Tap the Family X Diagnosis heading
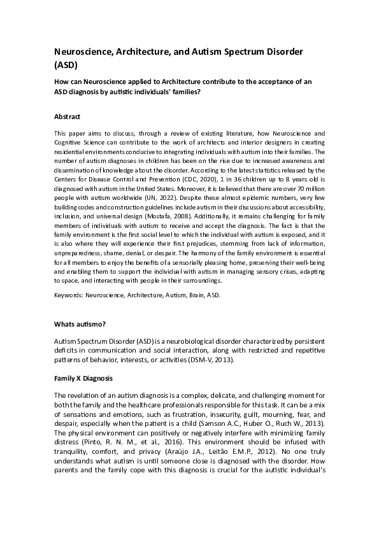[x=83, y=377]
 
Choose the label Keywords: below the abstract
[x=72, y=296]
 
